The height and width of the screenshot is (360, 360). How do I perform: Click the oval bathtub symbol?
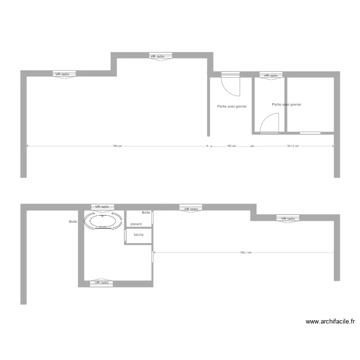click(103, 221)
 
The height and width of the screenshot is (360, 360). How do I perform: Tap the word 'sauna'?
click(139, 235)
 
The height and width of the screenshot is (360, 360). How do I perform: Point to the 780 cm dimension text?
click(117, 146)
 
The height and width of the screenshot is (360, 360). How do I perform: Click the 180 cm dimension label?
click(231, 146)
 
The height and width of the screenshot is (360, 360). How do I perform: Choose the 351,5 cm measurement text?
click(293, 146)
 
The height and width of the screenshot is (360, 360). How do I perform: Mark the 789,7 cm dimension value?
click(246, 252)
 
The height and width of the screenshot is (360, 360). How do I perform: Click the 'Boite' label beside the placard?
click(146, 213)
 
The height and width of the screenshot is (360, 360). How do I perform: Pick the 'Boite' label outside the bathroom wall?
click(73, 222)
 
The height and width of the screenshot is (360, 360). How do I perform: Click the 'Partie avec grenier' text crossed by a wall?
click(287, 104)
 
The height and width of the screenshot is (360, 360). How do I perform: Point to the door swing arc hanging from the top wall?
click(230, 85)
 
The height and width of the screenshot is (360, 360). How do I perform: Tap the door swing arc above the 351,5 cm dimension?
click(270, 123)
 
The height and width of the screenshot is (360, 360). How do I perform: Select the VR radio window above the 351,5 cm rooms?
click(271, 75)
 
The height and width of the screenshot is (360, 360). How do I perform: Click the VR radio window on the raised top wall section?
click(157, 57)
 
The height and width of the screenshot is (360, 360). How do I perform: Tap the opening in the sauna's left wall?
click(125, 235)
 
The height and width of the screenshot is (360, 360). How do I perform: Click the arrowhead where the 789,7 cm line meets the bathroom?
click(155, 252)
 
